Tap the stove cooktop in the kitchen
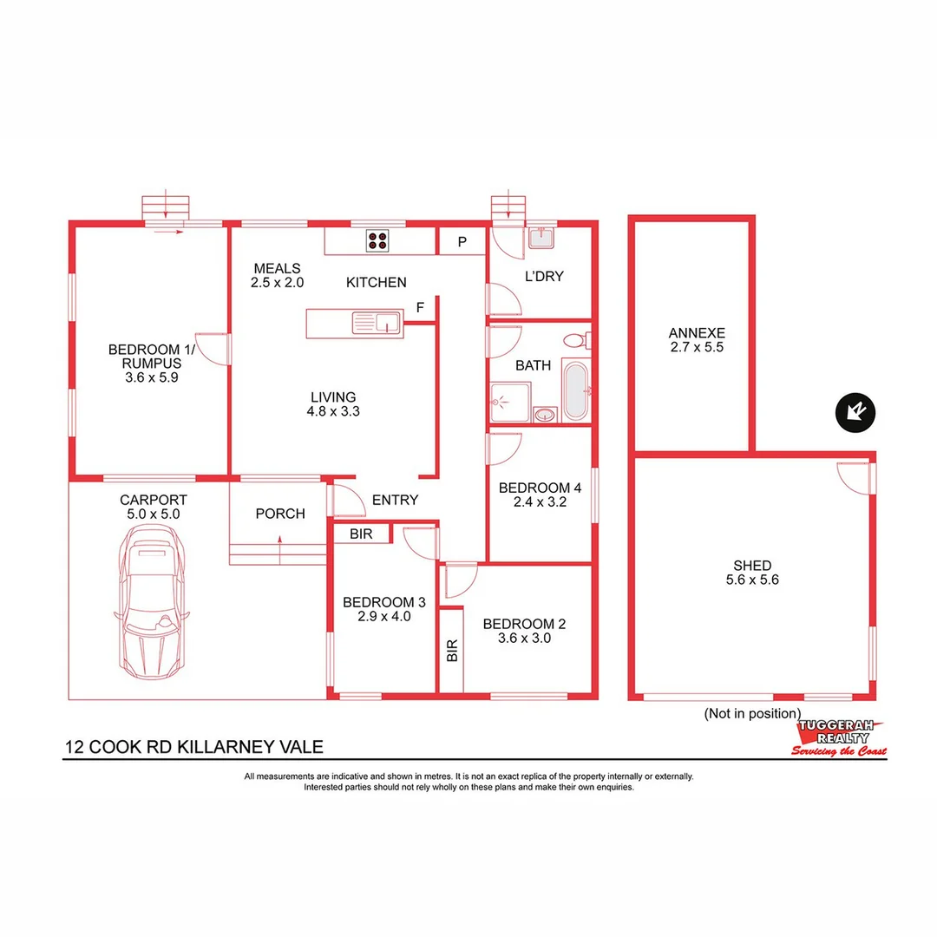(377, 239)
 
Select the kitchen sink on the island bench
(375, 324)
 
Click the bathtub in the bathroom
(575, 390)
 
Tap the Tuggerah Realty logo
(839, 737)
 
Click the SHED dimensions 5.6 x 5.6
(752, 580)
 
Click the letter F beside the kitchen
(420, 307)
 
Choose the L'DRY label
(544, 277)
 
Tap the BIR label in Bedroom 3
(361, 534)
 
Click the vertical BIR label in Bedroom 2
(451, 652)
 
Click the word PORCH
(280, 514)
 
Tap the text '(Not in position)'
(751, 713)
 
